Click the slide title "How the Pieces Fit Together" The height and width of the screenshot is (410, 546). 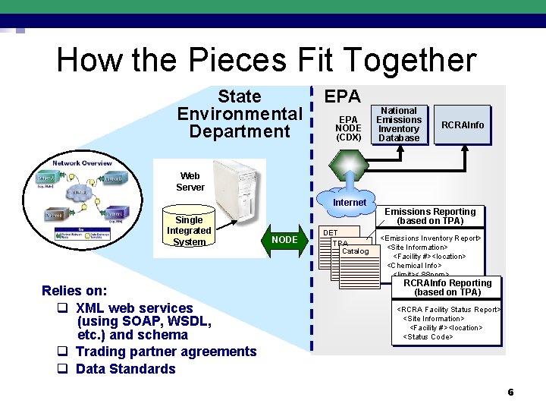pos(266,60)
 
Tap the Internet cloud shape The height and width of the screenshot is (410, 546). pos(350,201)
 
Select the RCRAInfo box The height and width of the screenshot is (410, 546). pos(463,125)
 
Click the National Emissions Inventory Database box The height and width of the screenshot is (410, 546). pos(399,125)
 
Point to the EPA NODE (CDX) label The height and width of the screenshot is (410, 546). pos(348,128)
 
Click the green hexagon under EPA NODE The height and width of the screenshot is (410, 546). pos(349,163)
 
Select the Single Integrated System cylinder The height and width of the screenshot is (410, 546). pos(189,230)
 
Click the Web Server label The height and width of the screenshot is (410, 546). pos(190,181)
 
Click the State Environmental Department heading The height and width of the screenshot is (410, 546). pos(239,114)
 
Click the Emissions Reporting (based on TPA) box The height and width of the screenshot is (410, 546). pos(431,216)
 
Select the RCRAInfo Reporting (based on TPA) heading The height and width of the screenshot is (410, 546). pos(447,288)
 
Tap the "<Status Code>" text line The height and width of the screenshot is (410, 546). pos(428,337)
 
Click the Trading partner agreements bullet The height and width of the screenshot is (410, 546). pos(165,352)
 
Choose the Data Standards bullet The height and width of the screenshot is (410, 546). pos(125,369)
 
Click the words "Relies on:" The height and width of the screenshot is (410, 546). pos(74,291)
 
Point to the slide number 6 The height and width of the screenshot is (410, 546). pos(510,393)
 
